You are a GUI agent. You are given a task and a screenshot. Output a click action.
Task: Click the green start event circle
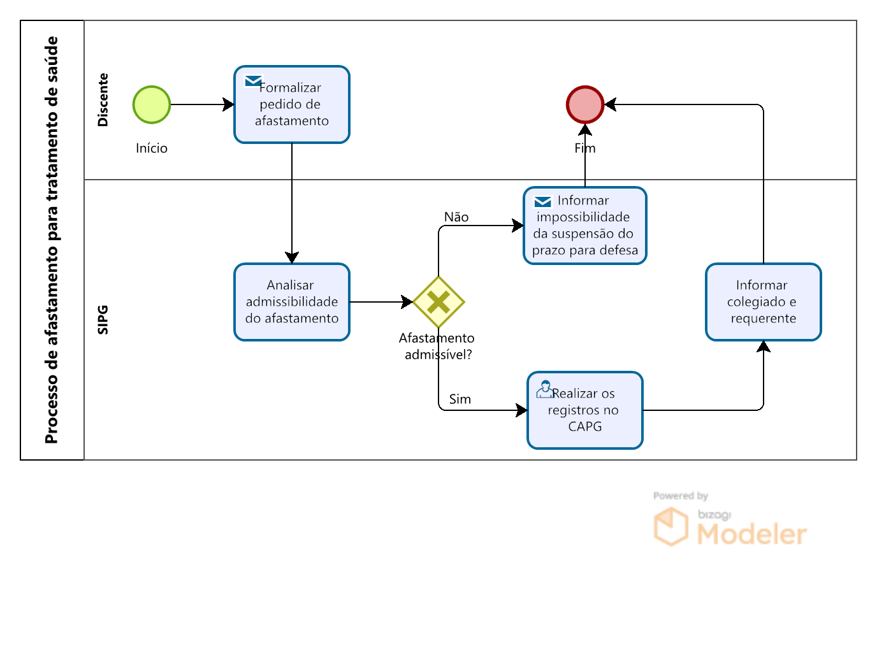pyautogui.click(x=152, y=105)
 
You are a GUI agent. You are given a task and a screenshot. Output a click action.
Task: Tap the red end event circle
pyautogui.click(x=585, y=105)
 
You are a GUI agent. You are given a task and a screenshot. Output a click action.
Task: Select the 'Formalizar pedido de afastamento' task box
pyautogui.click(x=292, y=104)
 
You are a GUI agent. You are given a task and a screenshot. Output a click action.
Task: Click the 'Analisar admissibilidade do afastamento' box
pyautogui.click(x=292, y=302)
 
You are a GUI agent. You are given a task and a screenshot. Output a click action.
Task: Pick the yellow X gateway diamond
pyautogui.click(x=438, y=302)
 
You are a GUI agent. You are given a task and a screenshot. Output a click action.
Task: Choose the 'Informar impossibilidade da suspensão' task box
pyautogui.click(x=585, y=226)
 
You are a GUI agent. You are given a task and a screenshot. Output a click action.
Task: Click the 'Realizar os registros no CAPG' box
pyautogui.click(x=585, y=410)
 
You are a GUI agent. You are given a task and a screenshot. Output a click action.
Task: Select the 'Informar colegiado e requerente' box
pyautogui.click(x=764, y=302)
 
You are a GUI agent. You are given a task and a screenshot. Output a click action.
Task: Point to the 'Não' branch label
pyautogui.click(x=456, y=217)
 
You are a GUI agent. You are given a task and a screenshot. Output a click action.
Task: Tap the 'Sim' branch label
pyautogui.click(x=460, y=399)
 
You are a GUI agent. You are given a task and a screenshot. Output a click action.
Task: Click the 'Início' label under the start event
pyautogui.click(x=152, y=148)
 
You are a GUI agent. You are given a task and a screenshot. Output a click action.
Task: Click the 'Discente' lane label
pyautogui.click(x=103, y=100)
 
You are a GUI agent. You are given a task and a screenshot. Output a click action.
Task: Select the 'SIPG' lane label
pyautogui.click(x=103, y=320)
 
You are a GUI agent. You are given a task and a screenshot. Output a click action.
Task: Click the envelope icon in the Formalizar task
pyautogui.click(x=253, y=81)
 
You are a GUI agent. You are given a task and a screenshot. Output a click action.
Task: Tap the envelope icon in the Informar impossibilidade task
pyautogui.click(x=542, y=202)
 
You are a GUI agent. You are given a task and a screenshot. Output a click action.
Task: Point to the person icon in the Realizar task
pyautogui.click(x=544, y=390)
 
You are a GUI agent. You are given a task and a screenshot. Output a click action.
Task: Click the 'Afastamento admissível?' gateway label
pyautogui.click(x=437, y=347)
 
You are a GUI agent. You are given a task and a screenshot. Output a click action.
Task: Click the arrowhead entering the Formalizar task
pyautogui.click(x=228, y=104)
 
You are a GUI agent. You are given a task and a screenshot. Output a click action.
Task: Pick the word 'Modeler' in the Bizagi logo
pyautogui.click(x=752, y=535)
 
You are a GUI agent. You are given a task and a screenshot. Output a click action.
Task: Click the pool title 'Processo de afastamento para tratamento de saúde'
pyautogui.click(x=52, y=240)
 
